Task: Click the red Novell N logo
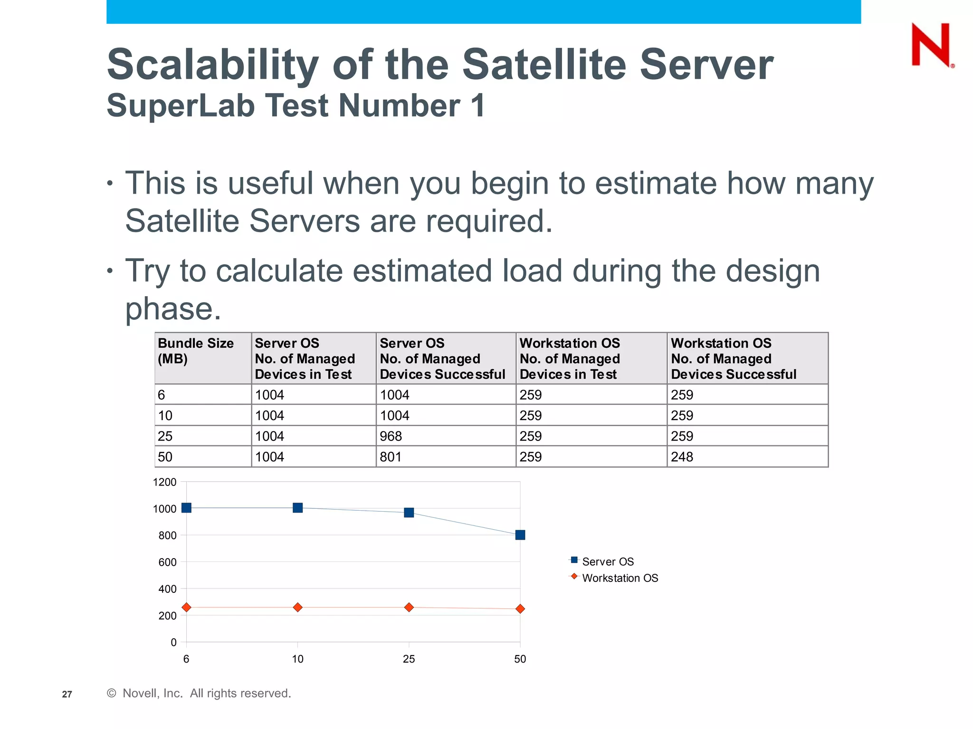(931, 45)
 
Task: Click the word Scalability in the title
(212, 65)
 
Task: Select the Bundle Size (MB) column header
(196, 351)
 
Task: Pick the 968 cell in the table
(391, 436)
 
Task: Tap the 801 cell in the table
(391, 457)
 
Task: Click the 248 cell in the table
(682, 457)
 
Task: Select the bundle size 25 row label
(165, 436)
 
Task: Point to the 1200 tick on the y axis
(164, 482)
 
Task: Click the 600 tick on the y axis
(167, 562)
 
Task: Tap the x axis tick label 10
(297, 659)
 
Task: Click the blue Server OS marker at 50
(520, 535)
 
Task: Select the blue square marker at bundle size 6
(186, 508)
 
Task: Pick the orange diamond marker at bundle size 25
(409, 607)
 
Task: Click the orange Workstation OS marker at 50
(520, 609)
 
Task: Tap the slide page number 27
(67, 694)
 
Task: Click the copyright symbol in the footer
(112, 693)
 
